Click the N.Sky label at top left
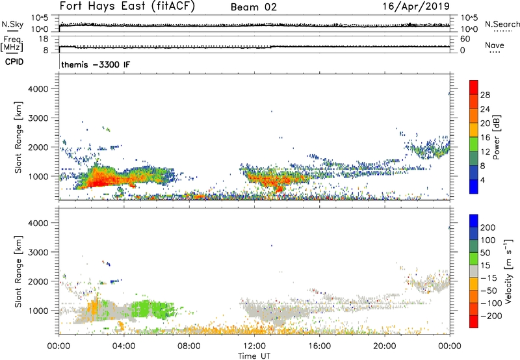point(13,24)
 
